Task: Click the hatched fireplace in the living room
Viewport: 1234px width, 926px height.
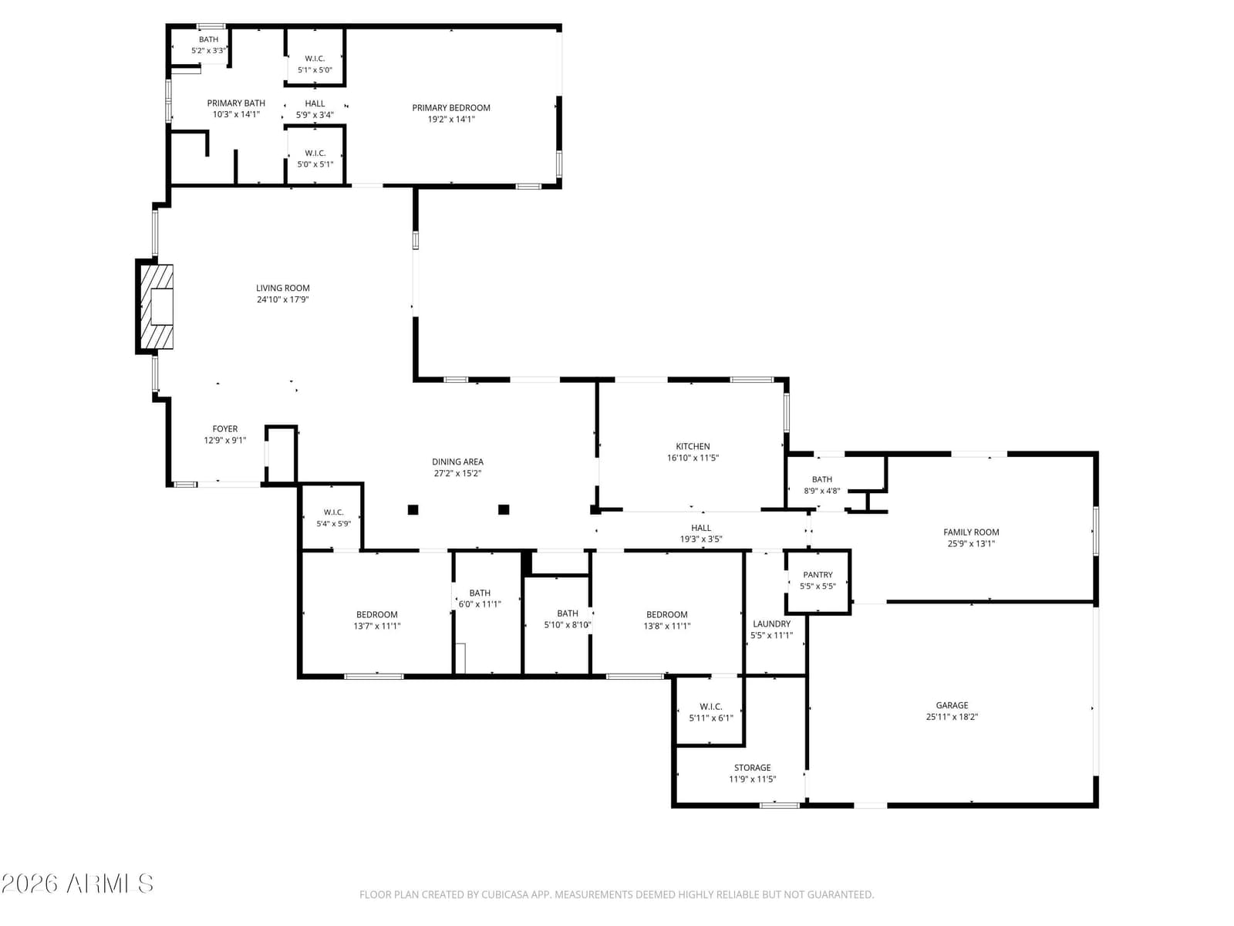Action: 157,306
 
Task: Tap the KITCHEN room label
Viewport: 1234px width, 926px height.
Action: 693,447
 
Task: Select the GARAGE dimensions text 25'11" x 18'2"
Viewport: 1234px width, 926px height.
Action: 952,717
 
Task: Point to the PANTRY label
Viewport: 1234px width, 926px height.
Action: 818,575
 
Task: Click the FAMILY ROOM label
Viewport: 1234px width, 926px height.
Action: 971,532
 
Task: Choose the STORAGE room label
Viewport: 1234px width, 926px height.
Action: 752,768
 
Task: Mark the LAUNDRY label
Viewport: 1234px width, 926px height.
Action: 771,624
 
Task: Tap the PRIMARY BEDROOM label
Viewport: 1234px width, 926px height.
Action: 451,107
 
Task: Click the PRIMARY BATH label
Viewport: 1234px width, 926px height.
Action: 235,103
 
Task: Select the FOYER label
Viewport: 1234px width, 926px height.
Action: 225,428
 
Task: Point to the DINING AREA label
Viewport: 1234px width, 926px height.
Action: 457,461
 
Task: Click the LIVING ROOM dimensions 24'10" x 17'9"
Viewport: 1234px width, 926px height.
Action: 283,299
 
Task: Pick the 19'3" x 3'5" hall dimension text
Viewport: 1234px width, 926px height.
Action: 700,539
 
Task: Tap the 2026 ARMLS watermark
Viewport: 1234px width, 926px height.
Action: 77,884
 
